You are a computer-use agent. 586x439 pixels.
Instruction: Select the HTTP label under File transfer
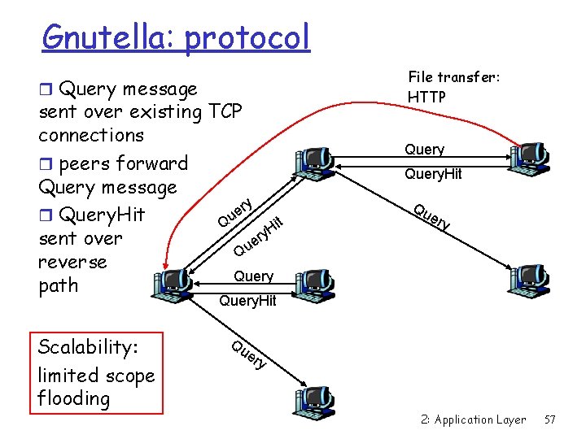point(426,97)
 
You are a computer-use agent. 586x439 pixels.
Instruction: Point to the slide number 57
point(549,419)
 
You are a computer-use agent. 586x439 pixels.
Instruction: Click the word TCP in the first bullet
point(225,111)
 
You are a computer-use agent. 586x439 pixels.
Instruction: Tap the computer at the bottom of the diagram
point(312,398)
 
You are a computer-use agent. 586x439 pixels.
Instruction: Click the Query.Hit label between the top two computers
point(433,173)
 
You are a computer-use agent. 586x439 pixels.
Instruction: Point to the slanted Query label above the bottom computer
point(248,353)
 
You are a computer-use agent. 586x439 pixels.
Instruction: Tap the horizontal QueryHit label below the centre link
point(248,301)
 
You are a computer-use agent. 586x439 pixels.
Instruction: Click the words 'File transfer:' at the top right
point(453,77)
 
